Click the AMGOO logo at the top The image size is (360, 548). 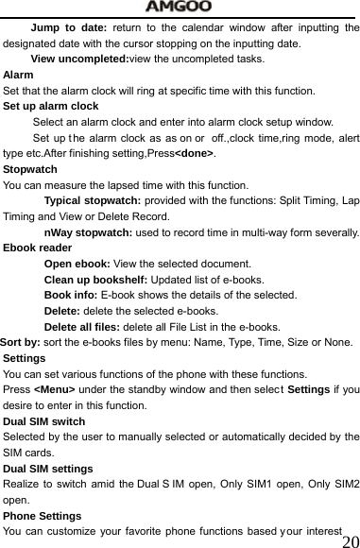pos(180,8)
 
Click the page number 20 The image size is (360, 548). pos(349,541)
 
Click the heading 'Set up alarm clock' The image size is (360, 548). pos(51,106)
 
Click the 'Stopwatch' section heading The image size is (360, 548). pos(30,169)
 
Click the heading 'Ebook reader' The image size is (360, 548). pos(38,248)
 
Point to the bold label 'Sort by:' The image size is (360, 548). pos(19,342)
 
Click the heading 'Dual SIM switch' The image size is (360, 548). pos(44,421)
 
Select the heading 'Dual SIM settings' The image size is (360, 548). pos(48,469)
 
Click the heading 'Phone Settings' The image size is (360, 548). pos(43,516)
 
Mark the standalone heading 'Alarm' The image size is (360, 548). pos(19,75)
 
